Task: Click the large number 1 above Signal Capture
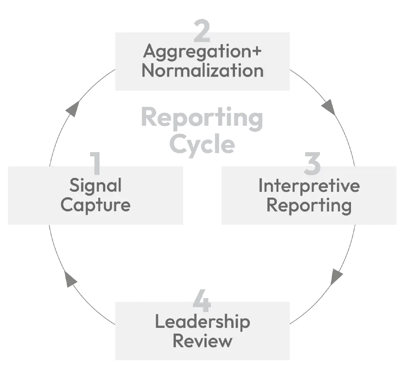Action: [x=95, y=163]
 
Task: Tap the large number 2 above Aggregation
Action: [x=202, y=30]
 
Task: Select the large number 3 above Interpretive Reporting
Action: [x=313, y=163]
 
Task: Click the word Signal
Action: [x=95, y=186]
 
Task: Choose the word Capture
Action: [x=95, y=205]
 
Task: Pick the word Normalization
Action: [x=202, y=71]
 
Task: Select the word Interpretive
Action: [x=309, y=186]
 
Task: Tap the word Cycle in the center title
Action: [x=202, y=145]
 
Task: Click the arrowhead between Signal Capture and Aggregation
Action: [x=72, y=109]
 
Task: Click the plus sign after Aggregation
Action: [x=255, y=51]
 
